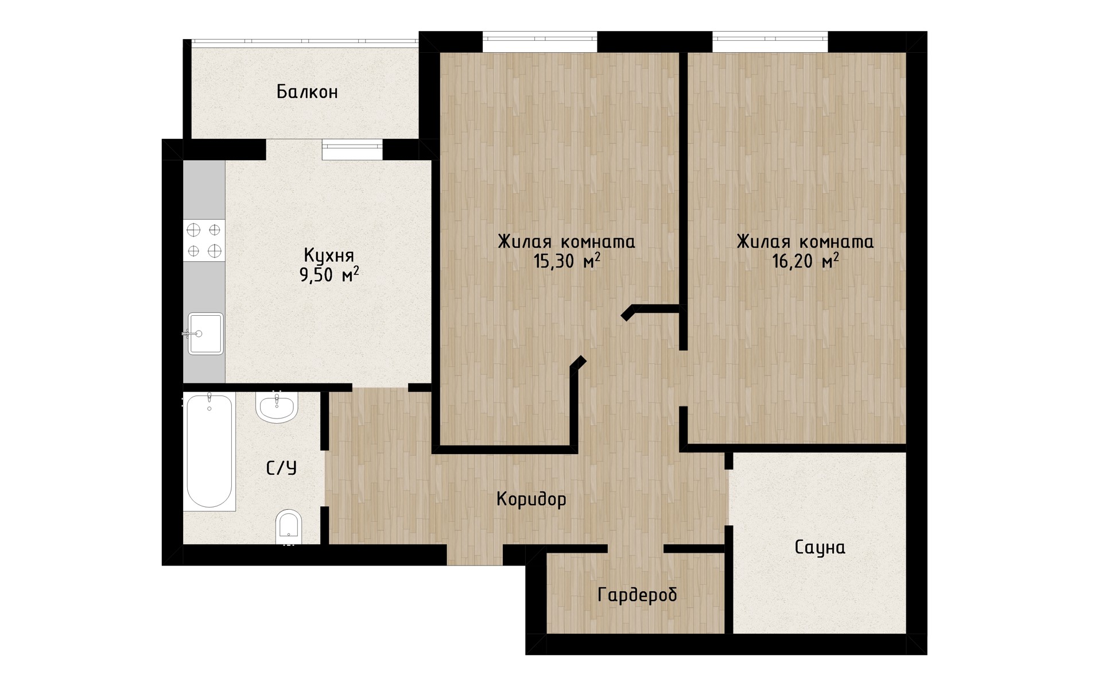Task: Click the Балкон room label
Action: tap(307, 92)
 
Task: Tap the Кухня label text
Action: tap(329, 255)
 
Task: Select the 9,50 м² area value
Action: tap(329, 275)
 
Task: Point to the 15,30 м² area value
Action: tap(566, 261)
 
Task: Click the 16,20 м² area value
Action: tap(805, 261)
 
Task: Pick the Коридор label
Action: tap(531, 499)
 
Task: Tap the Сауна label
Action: tap(820, 548)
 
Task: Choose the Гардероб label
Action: tap(637, 595)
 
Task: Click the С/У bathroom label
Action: tap(282, 468)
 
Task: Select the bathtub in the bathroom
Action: tap(209, 451)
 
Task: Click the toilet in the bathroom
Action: tap(289, 526)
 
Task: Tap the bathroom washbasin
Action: tap(277, 407)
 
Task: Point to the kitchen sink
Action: tap(205, 334)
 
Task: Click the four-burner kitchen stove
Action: tap(204, 241)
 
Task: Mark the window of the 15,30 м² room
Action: tap(540, 42)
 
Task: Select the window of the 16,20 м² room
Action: tap(770, 42)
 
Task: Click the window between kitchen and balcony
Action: tap(352, 150)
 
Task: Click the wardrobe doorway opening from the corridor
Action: tap(636, 549)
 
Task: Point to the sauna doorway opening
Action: tap(729, 497)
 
